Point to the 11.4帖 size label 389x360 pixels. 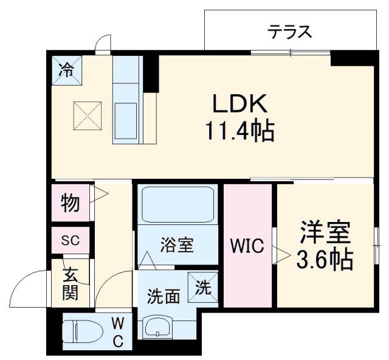tap(240, 130)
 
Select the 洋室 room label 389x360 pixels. tap(325, 233)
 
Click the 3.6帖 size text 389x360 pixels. tap(325, 260)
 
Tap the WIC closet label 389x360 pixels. tap(247, 246)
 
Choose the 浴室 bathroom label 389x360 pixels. tap(177, 246)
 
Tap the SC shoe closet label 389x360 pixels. tap(71, 240)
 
